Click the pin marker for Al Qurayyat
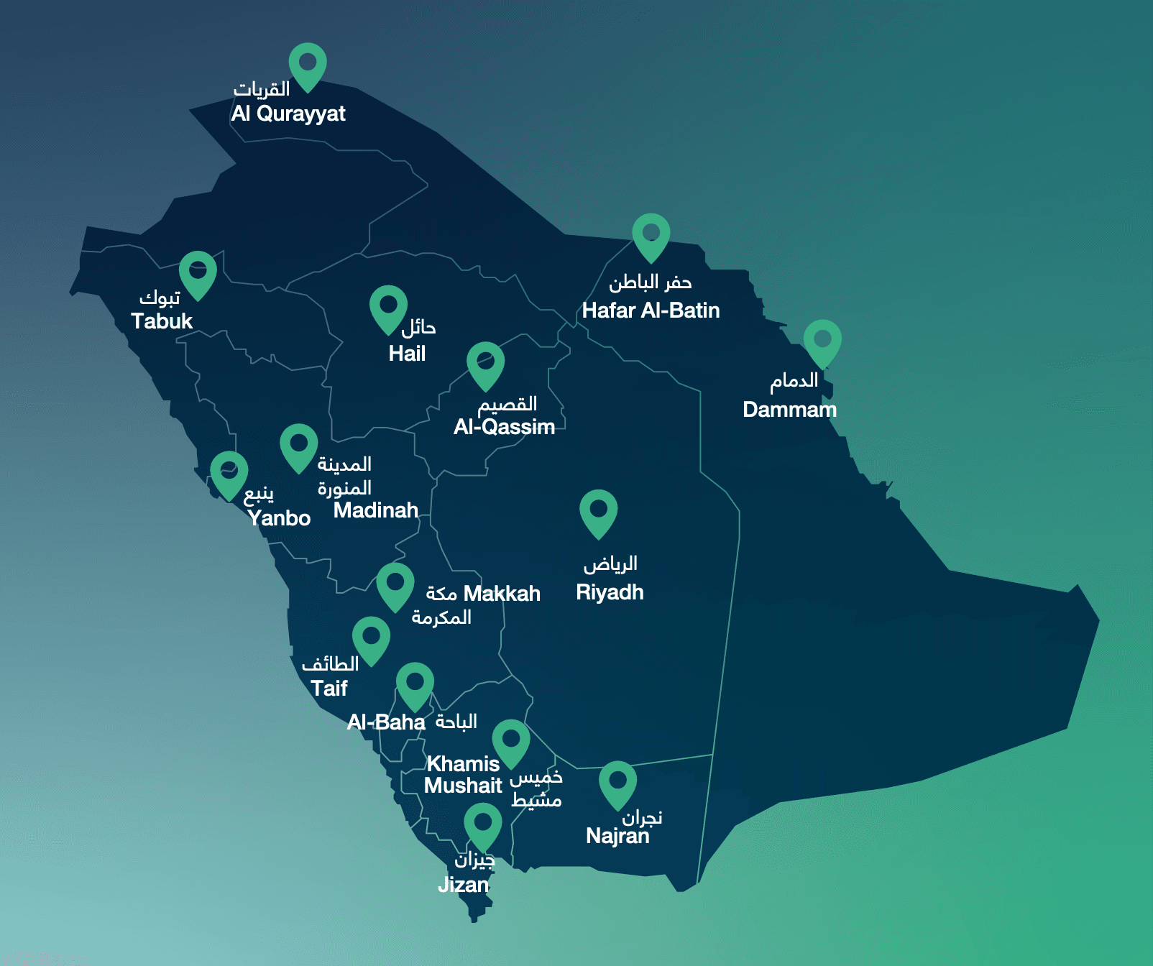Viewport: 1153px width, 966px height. coord(308,64)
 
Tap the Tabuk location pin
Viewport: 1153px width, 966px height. coord(198,272)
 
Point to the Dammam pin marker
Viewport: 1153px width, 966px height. coord(822,341)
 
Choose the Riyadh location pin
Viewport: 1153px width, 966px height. coord(598,511)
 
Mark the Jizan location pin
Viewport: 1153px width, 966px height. coord(482,824)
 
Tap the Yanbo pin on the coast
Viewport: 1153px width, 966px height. coord(229,472)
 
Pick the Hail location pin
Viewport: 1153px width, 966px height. coord(388,307)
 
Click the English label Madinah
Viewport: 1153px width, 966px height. coord(375,510)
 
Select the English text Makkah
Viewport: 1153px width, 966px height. coord(502,594)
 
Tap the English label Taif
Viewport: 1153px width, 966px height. coord(329,689)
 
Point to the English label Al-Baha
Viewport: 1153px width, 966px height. coord(386,722)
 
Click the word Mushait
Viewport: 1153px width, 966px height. coord(463,786)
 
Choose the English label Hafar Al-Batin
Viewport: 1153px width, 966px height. coord(651,310)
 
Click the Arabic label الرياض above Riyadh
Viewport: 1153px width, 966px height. coord(610,564)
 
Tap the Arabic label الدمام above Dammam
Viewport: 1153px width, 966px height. coord(794,380)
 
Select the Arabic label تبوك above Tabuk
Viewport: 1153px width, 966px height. coord(160,297)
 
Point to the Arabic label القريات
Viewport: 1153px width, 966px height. coord(262,89)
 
